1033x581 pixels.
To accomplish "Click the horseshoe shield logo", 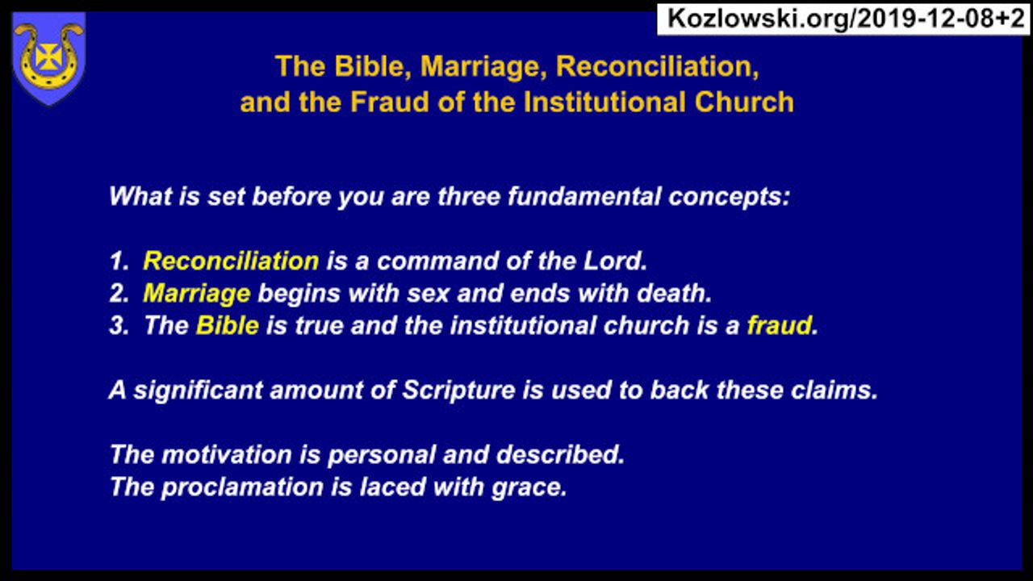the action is coord(49,59).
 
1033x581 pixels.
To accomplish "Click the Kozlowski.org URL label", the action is coord(843,19).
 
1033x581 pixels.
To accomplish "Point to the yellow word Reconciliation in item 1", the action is coord(231,261).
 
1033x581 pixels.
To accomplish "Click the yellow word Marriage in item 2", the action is coord(197,294).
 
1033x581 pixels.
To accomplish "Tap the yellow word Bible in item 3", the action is coord(228,325).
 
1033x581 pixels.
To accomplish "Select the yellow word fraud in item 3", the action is coord(780,325).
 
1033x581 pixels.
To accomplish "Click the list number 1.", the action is coord(119,261).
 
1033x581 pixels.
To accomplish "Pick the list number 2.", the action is coord(119,294).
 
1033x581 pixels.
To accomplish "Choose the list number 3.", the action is coord(119,326).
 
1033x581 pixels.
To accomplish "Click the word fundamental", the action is coord(585,197).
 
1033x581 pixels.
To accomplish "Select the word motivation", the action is coord(227,455).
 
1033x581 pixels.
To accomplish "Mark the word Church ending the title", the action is coord(744,102).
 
